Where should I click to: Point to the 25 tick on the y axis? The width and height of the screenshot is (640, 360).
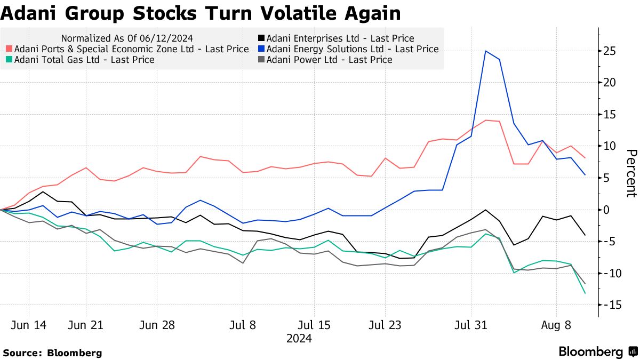click(610, 51)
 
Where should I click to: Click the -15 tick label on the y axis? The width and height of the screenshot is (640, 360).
click(608, 305)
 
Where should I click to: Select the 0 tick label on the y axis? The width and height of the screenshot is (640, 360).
click(607, 210)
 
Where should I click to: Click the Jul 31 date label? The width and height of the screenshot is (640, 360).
click(471, 325)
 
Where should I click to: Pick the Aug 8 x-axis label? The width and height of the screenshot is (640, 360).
click(556, 325)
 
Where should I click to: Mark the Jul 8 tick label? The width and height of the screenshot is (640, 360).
click(243, 325)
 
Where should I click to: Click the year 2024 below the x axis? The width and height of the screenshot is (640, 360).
click(299, 338)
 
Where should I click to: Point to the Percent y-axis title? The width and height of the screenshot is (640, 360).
click(631, 173)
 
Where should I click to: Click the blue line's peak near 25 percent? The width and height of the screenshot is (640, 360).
click(485, 51)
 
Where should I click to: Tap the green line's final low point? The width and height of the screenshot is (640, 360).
click(585, 293)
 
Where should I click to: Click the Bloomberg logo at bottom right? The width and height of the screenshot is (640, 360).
click(597, 352)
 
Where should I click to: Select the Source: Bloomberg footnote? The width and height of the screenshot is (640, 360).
click(52, 353)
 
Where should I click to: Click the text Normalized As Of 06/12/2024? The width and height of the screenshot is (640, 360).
click(127, 38)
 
